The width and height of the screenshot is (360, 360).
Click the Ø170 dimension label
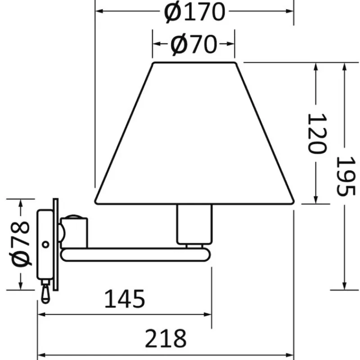(x=194, y=12)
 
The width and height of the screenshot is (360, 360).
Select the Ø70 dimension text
(x=193, y=44)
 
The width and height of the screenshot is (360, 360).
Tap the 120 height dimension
(x=317, y=133)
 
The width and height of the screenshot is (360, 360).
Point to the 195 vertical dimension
(x=346, y=176)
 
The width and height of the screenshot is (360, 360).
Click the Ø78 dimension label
(x=21, y=244)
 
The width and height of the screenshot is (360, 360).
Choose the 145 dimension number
(x=125, y=299)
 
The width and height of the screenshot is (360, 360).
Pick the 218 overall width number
(x=166, y=338)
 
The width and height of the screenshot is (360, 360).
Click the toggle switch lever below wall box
(x=45, y=292)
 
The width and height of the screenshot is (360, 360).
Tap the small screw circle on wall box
(x=46, y=245)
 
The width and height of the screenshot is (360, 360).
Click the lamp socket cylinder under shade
(x=194, y=224)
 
